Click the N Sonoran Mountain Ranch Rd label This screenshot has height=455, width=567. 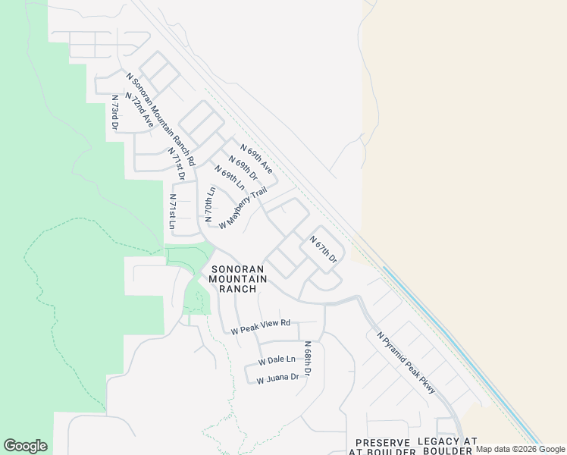tap(161, 119)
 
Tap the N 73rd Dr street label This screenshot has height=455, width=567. tap(115, 112)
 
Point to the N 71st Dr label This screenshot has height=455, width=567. tap(177, 164)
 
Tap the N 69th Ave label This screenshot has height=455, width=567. tap(256, 158)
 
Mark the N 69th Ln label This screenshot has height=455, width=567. tap(230, 177)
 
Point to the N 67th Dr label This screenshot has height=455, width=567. tap(323, 249)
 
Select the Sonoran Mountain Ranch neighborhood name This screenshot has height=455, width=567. tap(239, 279)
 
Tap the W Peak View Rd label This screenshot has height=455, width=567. tap(262, 327)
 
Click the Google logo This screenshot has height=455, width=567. tap(25, 446)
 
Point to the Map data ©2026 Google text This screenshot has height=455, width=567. tap(520, 449)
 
